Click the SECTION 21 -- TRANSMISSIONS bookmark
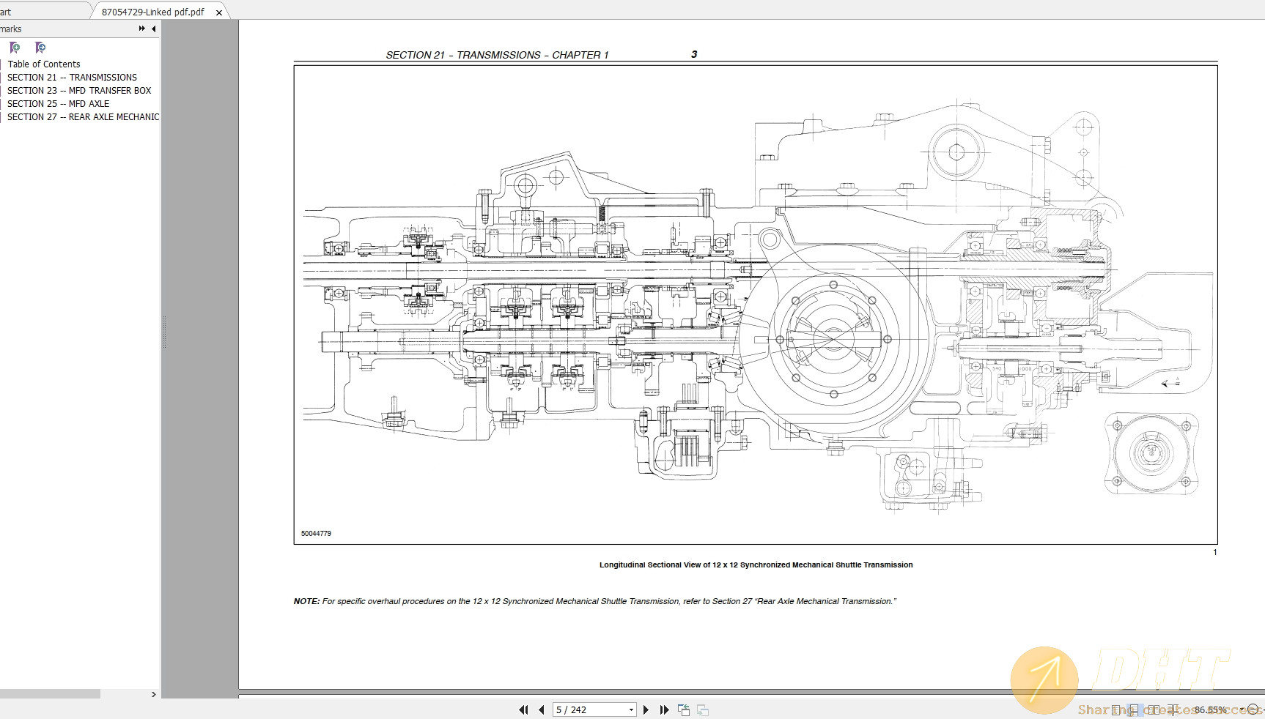(x=72, y=77)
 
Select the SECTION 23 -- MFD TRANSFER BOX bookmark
(x=79, y=90)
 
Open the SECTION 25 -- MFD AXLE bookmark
(x=58, y=103)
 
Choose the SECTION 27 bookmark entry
(x=83, y=116)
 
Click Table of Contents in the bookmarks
(x=44, y=64)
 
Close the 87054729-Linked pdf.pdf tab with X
(x=218, y=12)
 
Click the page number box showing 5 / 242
(x=590, y=709)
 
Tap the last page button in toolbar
(x=664, y=709)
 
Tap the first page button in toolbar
(x=523, y=709)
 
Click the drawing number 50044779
(x=316, y=533)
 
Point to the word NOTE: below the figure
(x=306, y=601)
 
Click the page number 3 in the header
(x=693, y=54)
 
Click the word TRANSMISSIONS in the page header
(x=498, y=55)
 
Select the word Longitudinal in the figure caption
(x=622, y=565)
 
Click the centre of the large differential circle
(x=833, y=339)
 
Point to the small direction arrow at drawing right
(x=1170, y=383)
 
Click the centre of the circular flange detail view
(x=1151, y=451)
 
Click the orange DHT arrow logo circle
(x=1044, y=679)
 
